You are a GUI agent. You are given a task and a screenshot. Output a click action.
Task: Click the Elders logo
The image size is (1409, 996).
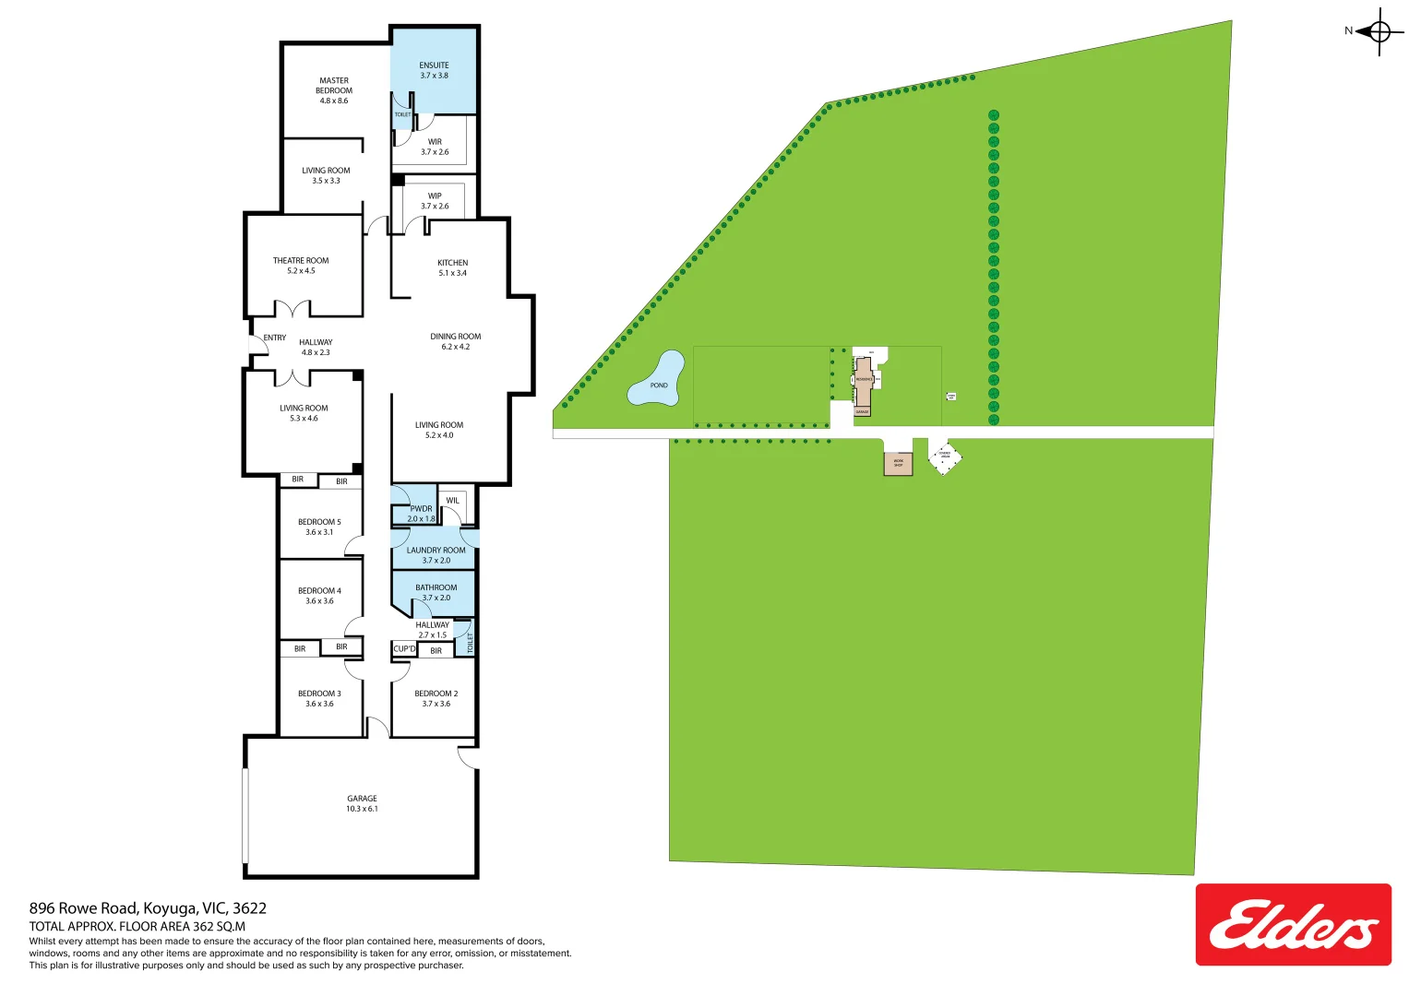[1293, 924]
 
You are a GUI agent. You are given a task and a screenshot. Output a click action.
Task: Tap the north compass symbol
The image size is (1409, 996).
[1379, 32]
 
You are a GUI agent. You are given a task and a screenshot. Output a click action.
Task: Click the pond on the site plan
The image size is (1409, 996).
[657, 381]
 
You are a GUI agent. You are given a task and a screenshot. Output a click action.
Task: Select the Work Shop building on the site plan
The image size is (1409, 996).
[898, 463]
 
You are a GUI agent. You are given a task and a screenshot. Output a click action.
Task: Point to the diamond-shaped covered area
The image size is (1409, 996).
[944, 456]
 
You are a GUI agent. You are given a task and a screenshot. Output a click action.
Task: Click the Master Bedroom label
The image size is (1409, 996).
[334, 90]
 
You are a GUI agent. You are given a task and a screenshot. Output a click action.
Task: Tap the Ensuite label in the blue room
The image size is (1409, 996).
[434, 70]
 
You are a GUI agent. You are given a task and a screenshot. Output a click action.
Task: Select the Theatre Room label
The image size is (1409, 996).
[301, 266]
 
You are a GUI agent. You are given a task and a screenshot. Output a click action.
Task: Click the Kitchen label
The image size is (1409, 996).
[452, 267]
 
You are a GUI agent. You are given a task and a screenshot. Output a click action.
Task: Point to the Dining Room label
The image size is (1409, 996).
[455, 341]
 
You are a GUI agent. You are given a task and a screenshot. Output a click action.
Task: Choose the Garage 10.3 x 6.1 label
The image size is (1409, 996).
[362, 803]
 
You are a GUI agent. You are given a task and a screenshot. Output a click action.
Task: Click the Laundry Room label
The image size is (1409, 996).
[436, 555]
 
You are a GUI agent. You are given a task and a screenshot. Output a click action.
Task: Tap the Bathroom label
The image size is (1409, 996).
[436, 592]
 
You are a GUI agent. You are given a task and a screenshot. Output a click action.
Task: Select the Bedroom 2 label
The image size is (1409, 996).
[436, 698]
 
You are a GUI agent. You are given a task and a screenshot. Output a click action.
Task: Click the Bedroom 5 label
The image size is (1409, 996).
[319, 527]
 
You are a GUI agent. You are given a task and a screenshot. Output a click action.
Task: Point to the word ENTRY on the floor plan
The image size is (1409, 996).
[275, 338]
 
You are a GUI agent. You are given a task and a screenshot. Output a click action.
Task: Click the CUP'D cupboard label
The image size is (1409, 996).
[404, 649]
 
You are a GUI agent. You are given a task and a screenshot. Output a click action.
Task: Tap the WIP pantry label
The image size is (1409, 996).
[435, 200]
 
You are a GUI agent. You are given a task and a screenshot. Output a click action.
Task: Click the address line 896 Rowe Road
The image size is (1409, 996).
[148, 908]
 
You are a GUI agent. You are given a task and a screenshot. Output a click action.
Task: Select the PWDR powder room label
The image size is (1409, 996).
[421, 514]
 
